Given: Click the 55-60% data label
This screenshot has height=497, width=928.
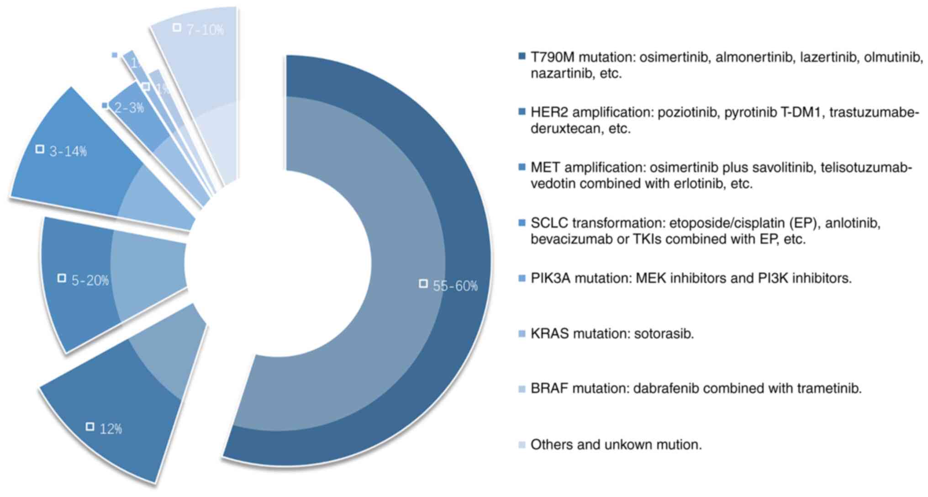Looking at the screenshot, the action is pyautogui.click(x=455, y=286).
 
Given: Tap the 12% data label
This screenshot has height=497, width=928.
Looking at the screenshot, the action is pyautogui.click(x=111, y=429).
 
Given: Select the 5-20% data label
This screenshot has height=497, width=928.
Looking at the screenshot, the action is pyautogui.click(x=90, y=280).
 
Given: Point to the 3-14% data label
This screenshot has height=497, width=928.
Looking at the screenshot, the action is pyautogui.click(x=68, y=151).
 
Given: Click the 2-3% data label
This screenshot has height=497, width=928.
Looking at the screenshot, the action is pyautogui.click(x=129, y=108).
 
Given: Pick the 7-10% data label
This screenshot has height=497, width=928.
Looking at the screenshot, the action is pyautogui.click(x=205, y=30).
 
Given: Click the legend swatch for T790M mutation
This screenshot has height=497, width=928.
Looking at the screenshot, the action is pyautogui.click(x=522, y=56).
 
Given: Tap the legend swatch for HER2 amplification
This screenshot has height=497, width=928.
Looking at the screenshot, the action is pyautogui.click(x=522, y=111).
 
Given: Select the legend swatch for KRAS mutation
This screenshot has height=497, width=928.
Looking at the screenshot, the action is pyautogui.click(x=522, y=334).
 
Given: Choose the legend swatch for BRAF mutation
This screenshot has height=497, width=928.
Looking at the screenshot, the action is pyautogui.click(x=522, y=389).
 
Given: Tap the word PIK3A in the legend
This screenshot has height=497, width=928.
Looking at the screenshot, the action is pyautogui.click(x=550, y=278).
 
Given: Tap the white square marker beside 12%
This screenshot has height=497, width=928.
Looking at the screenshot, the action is pyautogui.click(x=90, y=426).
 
